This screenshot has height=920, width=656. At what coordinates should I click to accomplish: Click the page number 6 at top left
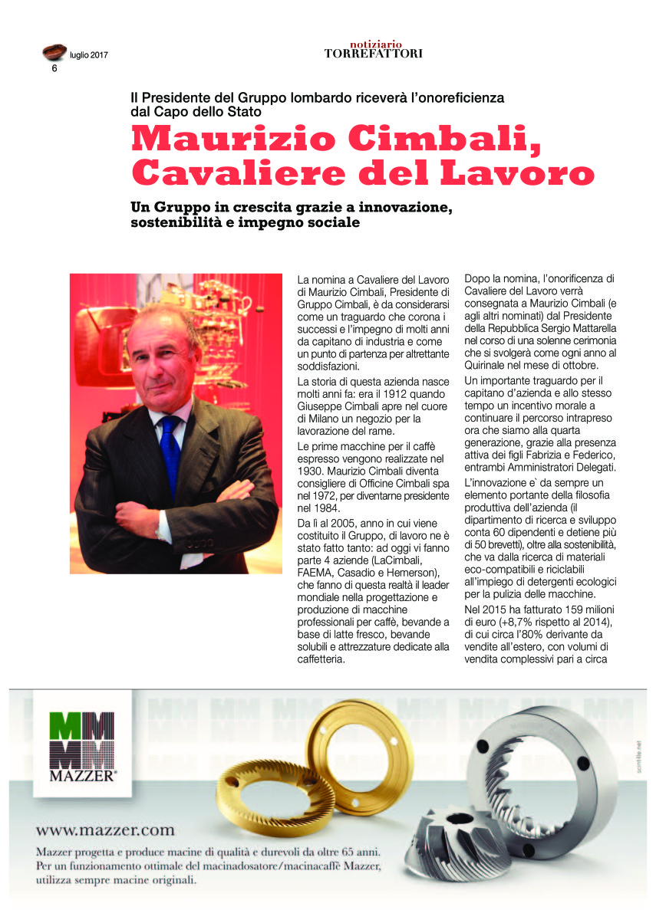(54, 68)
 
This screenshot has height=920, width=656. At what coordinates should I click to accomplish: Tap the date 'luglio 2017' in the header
(89, 55)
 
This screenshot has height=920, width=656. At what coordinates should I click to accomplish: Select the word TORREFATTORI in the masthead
(373, 54)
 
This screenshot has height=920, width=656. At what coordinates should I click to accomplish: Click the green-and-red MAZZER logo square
(81, 741)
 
